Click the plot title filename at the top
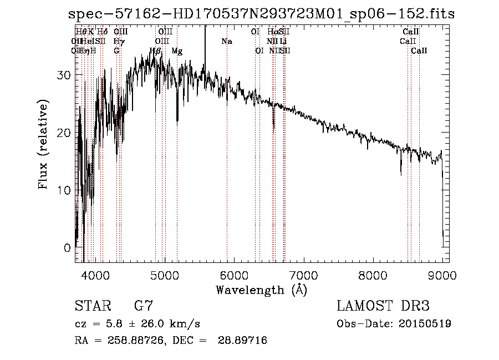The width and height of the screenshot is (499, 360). pyautogui.click(x=261, y=14)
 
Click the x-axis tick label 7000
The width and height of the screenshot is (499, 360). pyautogui.click(x=303, y=275)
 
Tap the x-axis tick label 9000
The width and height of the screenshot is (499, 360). pyautogui.click(x=442, y=275)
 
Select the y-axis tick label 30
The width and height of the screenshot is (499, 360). pyautogui.click(x=65, y=75)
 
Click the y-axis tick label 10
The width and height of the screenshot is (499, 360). pyautogui.click(x=65, y=190)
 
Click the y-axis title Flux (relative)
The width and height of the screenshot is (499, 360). pyautogui.click(x=44, y=144)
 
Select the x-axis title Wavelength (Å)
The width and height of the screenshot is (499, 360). pyautogui.click(x=261, y=290)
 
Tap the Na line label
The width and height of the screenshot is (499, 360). pyautogui.click(x=226, y=42)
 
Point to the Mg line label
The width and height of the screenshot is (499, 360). pyautogui.click(x=177, y=51)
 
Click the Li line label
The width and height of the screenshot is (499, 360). pyautogui.click(x=283, y=42)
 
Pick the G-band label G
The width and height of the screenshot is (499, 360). pyautogui.click(x=116, y=51)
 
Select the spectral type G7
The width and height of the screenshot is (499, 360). pyautogui.click(x=143, y=306)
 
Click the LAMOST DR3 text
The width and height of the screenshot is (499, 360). pyautogui.click(x=383, y=306)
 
